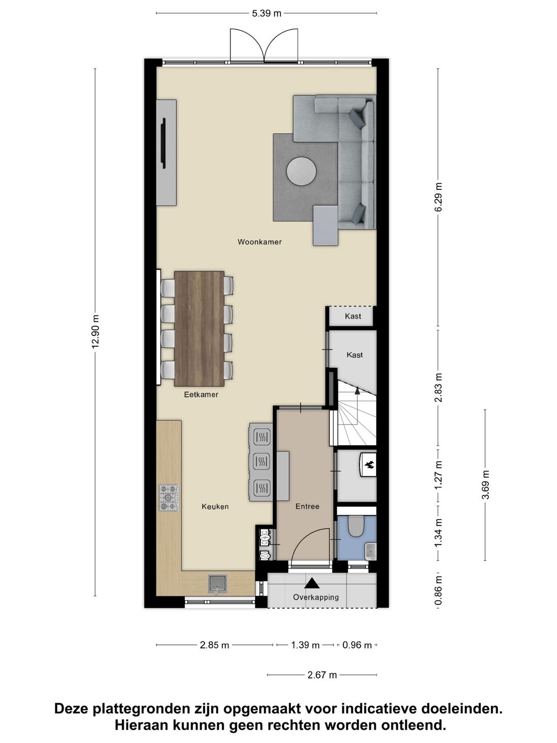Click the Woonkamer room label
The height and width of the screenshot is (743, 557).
coord(259,241)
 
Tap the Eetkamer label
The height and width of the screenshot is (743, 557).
coord(201,395)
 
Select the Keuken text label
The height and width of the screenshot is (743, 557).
coord(215,507)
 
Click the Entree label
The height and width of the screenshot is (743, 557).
coord(307,507)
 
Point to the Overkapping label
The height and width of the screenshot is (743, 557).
coord(316,597)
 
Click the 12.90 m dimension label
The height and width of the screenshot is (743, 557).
coord(95,332)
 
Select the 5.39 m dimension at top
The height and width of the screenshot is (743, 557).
coord(267,13)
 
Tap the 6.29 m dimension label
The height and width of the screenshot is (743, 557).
coord(438,198)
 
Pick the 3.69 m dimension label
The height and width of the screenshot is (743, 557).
coord(485,485)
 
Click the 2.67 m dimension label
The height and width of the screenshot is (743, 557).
coord(322,675)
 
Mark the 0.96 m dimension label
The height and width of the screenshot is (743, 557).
coord(357,645)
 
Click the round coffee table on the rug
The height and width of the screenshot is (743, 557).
coord(302,171)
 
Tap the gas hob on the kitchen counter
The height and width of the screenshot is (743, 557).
coord(168,498)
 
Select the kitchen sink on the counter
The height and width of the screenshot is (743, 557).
coord(218,583)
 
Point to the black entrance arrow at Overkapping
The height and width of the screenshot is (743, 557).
coord(312,583)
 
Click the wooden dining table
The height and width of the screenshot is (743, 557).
coord(199,329)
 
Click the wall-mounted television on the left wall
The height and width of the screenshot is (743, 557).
coord(163,143)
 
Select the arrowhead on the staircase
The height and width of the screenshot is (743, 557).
coord(357,392)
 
